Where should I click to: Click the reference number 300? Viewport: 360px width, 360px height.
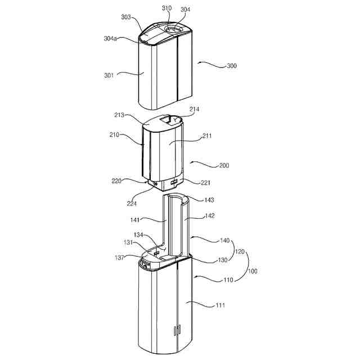[231, 66]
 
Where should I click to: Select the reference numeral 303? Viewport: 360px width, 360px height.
[127, 17]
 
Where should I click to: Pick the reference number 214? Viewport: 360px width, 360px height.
[195, 109]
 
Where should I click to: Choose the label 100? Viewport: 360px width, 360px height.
[253, 271]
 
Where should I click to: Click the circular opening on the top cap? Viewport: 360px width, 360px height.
[174, 28]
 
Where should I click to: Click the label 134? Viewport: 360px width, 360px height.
[138, 234]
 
